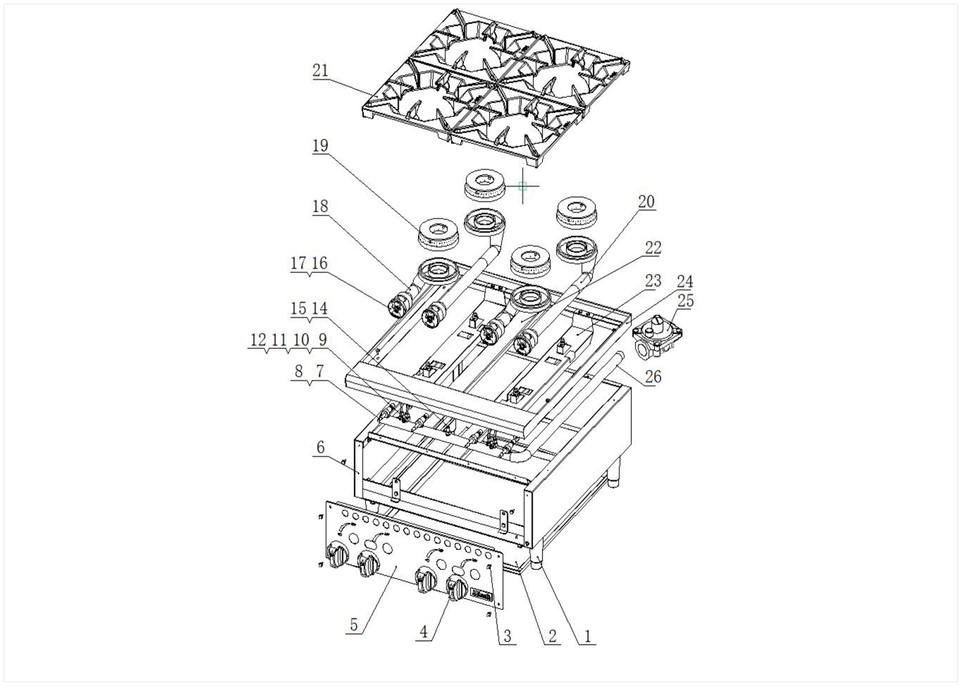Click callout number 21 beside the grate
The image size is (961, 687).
point(320,70)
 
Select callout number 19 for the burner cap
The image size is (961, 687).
point(320,145)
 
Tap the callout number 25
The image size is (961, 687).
point(686,301)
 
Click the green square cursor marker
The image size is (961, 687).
point(522,186)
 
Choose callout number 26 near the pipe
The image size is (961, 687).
point(653,376)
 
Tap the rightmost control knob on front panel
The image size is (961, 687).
point(457,588)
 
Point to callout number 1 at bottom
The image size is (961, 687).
point(587,636)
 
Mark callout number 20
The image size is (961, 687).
point(646,202)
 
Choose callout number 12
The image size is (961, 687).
point(258,340)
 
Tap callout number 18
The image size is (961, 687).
point(320,206)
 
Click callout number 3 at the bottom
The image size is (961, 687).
point(507,636)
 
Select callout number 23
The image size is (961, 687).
point(653,281)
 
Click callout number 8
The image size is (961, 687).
point(299,372)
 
